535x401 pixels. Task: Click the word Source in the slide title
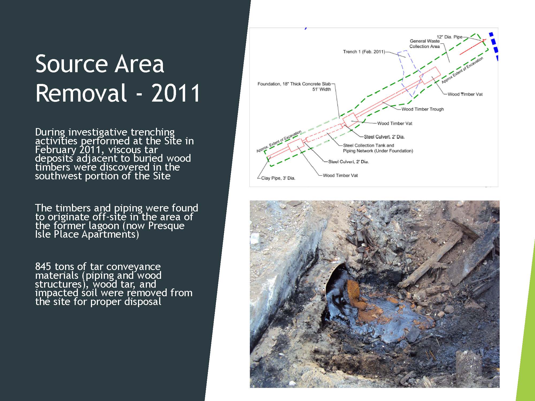(71, 64)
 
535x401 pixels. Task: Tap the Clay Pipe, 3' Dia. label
(278, 178)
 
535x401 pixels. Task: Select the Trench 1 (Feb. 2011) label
(364, 52)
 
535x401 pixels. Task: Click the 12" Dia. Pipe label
(449, 37)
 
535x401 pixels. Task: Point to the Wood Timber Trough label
(423, 109)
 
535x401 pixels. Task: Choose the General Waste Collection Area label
(425, 44)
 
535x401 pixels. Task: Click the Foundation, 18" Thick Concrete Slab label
(294, 84)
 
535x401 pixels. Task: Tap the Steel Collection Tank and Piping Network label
(378, 148)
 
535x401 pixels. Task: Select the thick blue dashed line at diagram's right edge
(494, 47)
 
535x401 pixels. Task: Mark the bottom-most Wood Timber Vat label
(340, 175)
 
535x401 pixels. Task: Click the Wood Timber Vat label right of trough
(465, 94)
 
